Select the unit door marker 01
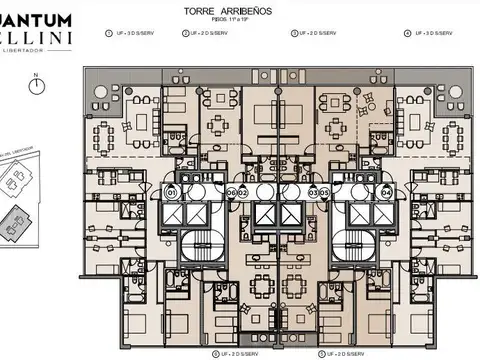click(171, 192)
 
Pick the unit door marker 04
click(386, 192)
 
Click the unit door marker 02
click(242, 192)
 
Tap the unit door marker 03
click(312, 192)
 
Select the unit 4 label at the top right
click(430, 33)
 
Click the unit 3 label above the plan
click(314, 33)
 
